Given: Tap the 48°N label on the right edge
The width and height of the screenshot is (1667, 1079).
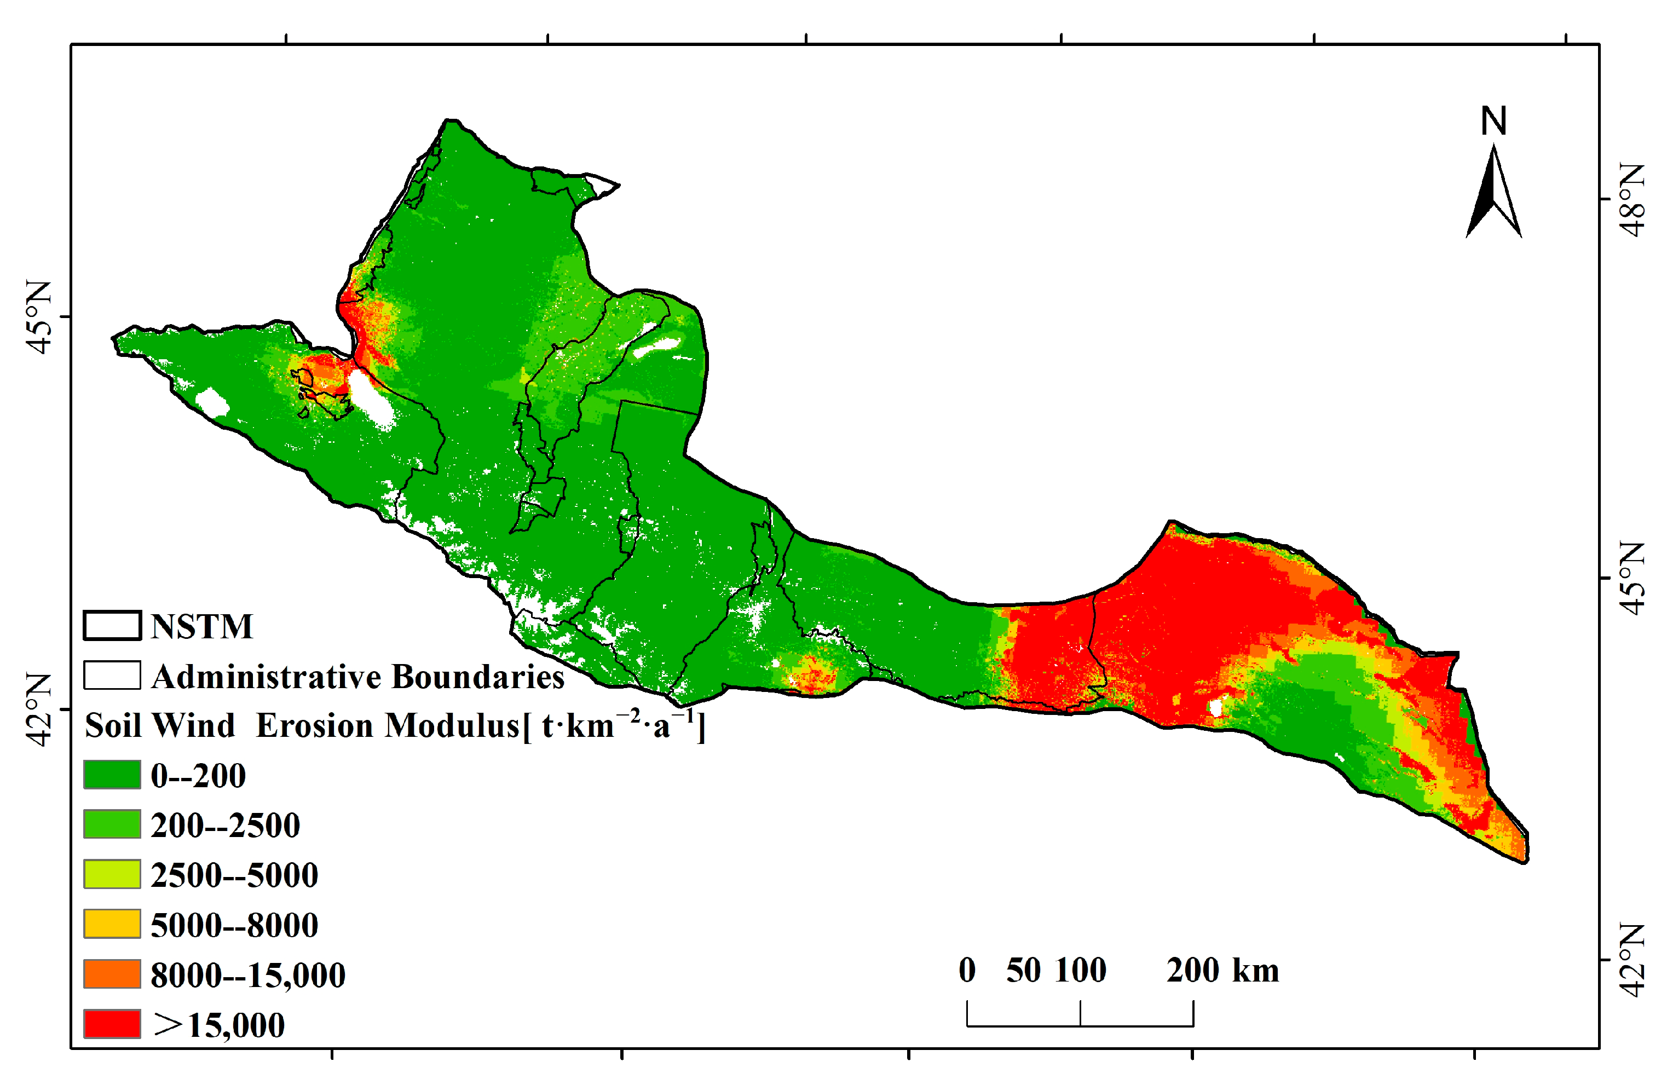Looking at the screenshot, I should tap(1631, 200).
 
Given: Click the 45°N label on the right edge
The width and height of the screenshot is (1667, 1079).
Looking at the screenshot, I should tap(1631, 578).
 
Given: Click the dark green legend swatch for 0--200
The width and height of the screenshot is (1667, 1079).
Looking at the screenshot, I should tap(112, 775).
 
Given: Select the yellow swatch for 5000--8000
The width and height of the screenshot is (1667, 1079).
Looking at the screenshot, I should tap(112, 924).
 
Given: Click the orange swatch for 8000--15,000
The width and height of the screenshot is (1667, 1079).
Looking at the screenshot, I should tap(112, 974).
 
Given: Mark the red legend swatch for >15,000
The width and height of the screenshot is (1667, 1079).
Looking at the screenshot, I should tap(112, 1024).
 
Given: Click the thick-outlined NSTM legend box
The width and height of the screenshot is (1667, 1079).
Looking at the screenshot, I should tap(112, 626).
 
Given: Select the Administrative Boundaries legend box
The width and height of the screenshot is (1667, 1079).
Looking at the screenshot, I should tap(112, 676).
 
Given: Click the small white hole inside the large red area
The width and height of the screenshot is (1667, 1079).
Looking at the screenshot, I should tap(1216, 708).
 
